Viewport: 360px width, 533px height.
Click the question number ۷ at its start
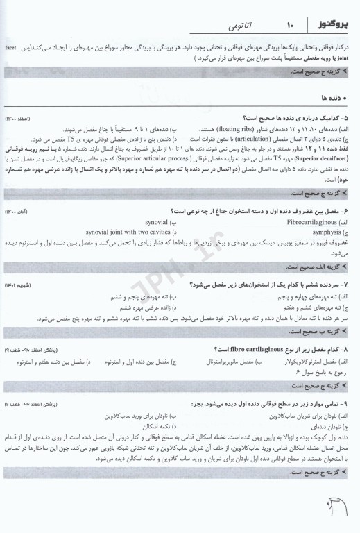(349, 285)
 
